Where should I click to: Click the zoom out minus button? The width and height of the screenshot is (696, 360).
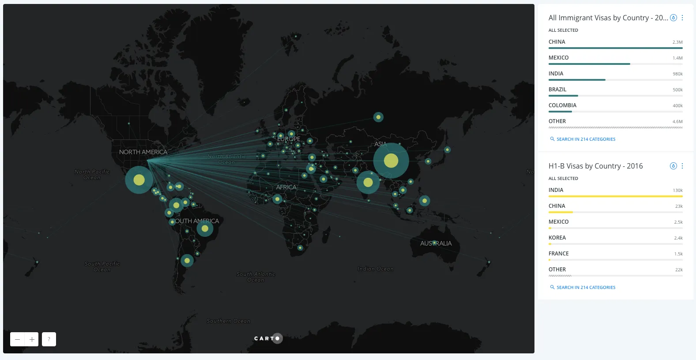[17, 339]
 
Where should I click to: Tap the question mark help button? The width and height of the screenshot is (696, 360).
[49, 339]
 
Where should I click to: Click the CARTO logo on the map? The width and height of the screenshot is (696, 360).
[267, 338]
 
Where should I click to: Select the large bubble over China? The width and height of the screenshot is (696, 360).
[391, 161]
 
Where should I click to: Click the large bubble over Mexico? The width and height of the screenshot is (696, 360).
[139, 180]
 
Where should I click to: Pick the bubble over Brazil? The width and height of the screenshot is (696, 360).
[205, 229]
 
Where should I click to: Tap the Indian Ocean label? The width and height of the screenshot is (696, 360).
[376, 269]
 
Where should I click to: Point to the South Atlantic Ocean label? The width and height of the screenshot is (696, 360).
[256, 277]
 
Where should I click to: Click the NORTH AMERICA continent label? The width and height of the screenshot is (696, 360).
[143, 152]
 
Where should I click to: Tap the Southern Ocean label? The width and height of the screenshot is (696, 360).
[228, 321]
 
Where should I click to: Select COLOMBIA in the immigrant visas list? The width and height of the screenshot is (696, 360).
[562, 105]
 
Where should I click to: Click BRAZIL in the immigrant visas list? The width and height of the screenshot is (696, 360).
[557, 90]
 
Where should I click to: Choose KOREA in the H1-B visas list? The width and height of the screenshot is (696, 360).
[557, 238]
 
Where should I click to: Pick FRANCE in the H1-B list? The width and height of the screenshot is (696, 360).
[558, 254]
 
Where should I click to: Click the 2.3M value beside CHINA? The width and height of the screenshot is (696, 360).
[677, 42]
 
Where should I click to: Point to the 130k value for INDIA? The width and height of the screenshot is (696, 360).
[677, 191]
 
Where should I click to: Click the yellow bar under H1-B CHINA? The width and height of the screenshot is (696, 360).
[561, 212]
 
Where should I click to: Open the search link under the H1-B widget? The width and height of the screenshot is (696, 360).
[586, 287]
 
